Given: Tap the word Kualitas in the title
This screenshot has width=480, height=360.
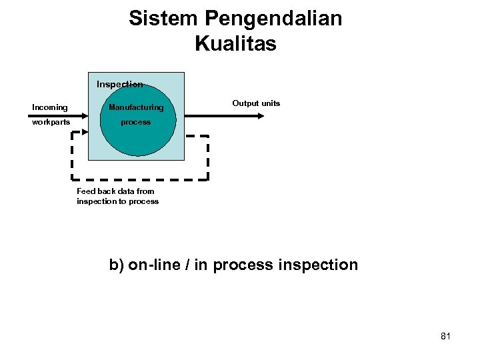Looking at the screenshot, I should tap(235, 44).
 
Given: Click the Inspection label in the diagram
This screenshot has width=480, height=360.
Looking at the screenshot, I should tap(119, 85).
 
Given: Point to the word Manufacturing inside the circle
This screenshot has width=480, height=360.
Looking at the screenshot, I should tap(136, 107).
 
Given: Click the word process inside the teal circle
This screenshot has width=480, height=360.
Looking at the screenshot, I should tap(135, 123).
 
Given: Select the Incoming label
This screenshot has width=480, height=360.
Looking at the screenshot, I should tap(50, 107).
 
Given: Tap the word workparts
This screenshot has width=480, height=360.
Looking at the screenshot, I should tap(51, 123).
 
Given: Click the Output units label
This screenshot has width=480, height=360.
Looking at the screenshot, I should tap(256, 103).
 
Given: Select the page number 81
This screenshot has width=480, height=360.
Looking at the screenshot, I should tap(445, 336).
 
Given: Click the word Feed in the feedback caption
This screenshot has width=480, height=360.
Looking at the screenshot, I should tap(86, 191).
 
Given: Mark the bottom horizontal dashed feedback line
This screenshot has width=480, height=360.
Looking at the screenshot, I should tap(140, 179).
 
